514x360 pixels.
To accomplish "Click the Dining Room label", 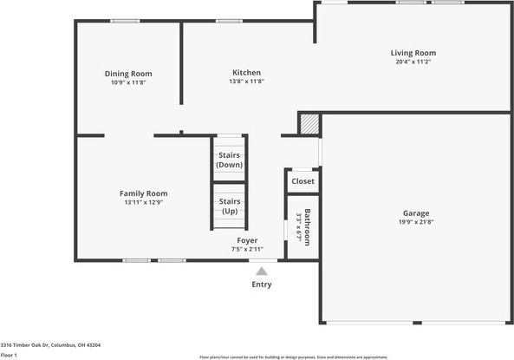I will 128,74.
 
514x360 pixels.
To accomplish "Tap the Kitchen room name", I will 246,73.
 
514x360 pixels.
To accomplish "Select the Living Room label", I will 413,53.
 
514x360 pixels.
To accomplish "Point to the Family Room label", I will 143,193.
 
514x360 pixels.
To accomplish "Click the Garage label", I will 415,213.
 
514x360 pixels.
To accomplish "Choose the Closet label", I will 303,181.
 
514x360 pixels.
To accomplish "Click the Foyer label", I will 247,240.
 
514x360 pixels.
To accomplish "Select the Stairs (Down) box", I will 230,160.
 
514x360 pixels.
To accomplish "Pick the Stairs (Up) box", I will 230,206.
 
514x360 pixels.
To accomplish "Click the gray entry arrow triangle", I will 261,272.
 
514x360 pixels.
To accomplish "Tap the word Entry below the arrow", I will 261,285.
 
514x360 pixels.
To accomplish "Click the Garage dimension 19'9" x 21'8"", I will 415,222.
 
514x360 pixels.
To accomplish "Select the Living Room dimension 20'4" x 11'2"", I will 413,62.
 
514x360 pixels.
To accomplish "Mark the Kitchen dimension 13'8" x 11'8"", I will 246,82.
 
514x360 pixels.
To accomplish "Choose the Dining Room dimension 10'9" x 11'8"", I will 128,82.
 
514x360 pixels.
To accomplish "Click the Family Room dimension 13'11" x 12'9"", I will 143,202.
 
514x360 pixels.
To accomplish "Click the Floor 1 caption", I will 10,355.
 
